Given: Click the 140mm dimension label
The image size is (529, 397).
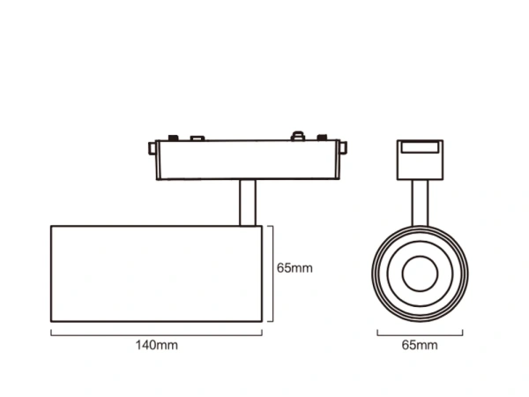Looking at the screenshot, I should (x=156, y=345).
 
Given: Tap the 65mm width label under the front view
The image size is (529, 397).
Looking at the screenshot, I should (x=419, y=345).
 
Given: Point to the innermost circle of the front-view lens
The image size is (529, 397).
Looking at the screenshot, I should (x=420, y=273).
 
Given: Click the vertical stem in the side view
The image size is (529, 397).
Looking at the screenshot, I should (x=246, y=201).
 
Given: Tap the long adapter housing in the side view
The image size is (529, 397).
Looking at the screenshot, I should (x=246, y=160).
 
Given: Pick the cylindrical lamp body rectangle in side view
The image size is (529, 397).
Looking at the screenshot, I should (x=155, y=273).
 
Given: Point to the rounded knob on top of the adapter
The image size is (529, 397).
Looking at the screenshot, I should (x=299, y=136).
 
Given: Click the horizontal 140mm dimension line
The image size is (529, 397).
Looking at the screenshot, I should (x=156, y=333).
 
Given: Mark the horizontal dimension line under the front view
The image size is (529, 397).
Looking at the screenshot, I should (x=419, y=333).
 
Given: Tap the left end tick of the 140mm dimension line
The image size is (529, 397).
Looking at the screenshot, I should (x=51, y=333).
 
